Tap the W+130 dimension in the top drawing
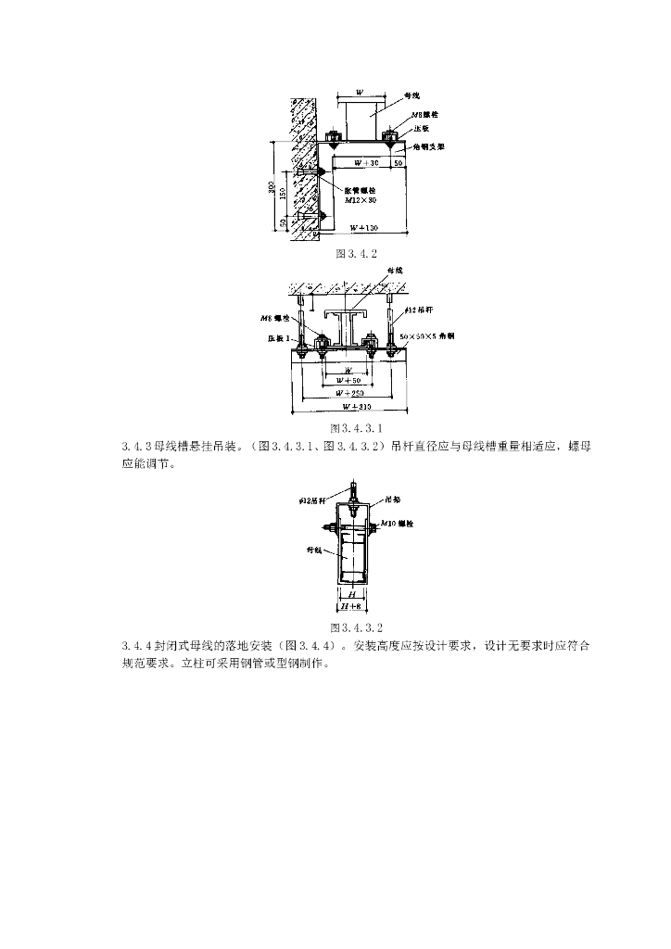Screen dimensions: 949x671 (363, 227)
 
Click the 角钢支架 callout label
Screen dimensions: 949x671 (428, 146)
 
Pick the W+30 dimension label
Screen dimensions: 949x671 (357, 163)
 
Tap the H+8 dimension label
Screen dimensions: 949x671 (350, 606)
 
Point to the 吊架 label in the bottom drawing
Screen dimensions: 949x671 (392, 499)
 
